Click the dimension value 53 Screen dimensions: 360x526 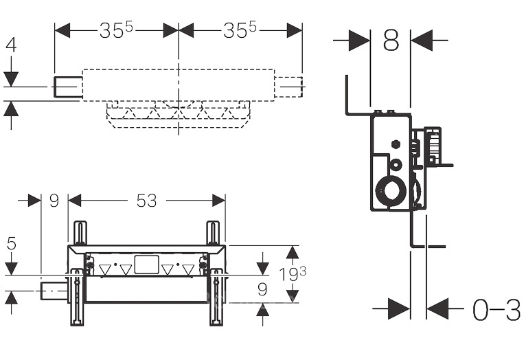146,201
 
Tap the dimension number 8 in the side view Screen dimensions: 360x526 390,41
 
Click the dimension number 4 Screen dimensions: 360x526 10,45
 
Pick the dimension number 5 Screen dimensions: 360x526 10,243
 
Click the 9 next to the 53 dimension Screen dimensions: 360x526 54,201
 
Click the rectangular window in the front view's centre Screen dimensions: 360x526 146,265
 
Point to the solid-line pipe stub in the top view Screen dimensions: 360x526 68,87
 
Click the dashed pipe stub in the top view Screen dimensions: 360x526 288,87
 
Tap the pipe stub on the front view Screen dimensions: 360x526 55,291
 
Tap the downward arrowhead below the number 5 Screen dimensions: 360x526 11,265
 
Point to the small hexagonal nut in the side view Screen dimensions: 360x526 396,146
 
